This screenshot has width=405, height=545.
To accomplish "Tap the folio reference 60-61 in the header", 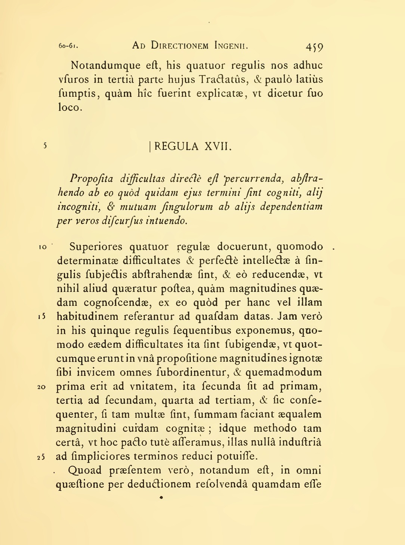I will tap(68, 46).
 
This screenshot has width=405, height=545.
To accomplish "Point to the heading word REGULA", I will tap(176, 146).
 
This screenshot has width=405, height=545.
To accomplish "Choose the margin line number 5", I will tap(45, 146).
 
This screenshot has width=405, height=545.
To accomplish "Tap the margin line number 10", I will tap(43, 247).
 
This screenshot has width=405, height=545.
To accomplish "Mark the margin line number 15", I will tap(42, 317).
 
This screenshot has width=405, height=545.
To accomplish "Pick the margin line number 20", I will tap(41, 387).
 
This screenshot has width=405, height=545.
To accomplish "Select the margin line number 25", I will tap(41, 457).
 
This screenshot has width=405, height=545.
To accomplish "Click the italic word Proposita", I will tap(92, 179).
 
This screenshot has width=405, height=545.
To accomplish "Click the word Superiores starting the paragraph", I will tap(96, 247).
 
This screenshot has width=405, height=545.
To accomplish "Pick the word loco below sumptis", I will tap(69, 108).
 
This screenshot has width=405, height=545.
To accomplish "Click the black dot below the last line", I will tap(161, 497).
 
